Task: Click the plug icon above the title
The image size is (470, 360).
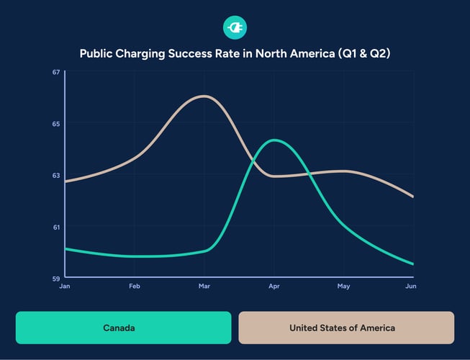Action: pyautogui.click(x=235, y=28)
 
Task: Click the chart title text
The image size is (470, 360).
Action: pyautogui.click(x=235, y=53)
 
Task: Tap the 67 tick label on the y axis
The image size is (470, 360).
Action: pyautogui.click(x=55, y=72)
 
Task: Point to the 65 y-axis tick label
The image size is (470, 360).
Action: pyautogui.click(x=55, y=123)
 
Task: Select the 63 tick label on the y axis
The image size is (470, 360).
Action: pyautogui.click(x=55, y=175)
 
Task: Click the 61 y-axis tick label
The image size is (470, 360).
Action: pyautogui.click(x=55, y=227)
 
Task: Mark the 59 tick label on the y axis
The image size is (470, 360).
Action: pyautogui.click(x=55, y=277)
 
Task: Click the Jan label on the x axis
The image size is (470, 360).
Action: pyautogui.click(x=65, y=287)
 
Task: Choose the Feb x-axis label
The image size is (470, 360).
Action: pyautogui.click(x=135, y=287)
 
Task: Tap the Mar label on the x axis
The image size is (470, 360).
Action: pyautogui.click(x=204, y=287)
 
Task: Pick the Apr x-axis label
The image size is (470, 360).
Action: pyautogui.click(x=274, y=287)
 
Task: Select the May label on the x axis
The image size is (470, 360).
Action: pyautogui.click(x=343, y=287)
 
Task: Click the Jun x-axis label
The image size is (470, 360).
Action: pyautogui.click(x=411, y=287)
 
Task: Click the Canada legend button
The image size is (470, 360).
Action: pyautogui.click(x=123, y=328)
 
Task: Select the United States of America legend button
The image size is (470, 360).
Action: pyautogui.click(x=346, y=328)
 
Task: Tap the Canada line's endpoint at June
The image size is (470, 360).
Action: pyautogui.click(x=412, y=264)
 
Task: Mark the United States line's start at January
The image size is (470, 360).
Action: pyautogui.click(x=65, y=181)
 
